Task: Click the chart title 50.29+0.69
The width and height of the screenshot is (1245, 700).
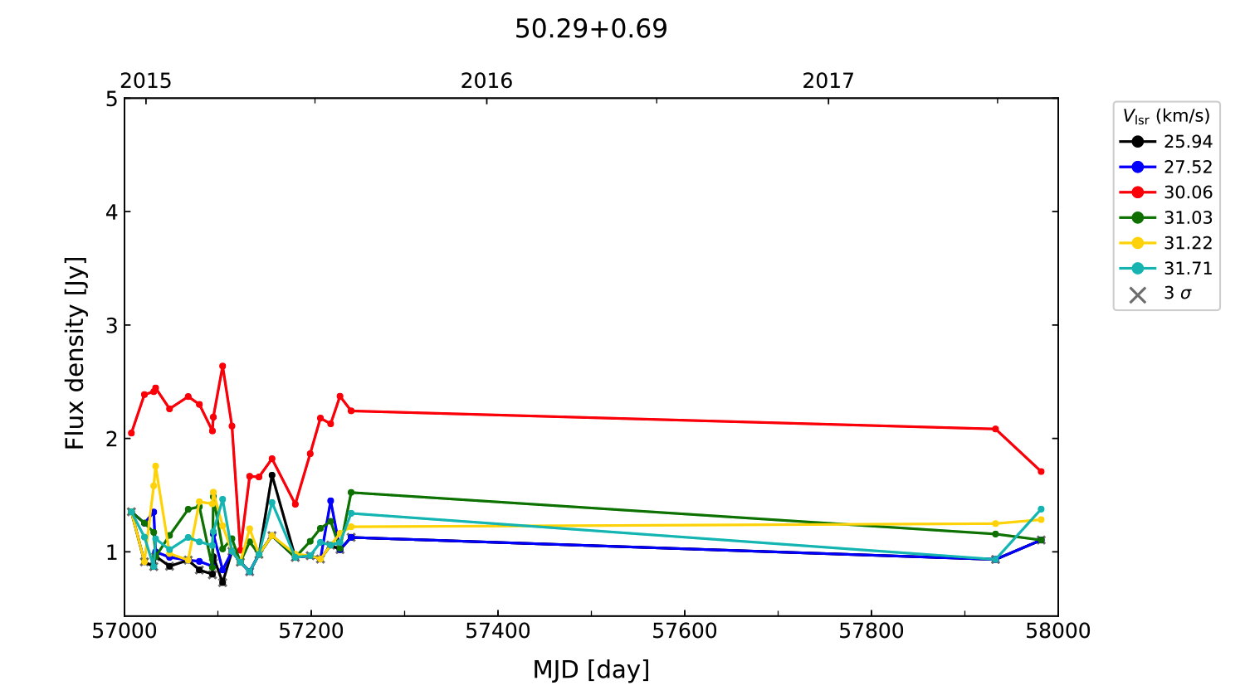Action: [x=591, y=29]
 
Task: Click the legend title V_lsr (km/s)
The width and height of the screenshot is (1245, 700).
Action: [x=1166, y=116]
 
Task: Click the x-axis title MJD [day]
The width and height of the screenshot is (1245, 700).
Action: [x=591, y=669]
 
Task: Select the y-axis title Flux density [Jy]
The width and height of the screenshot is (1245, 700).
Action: [x=76, y=353]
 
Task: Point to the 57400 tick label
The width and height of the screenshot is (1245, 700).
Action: [x=498, y=631]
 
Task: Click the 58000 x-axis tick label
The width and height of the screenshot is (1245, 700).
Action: [x=1057, y=631]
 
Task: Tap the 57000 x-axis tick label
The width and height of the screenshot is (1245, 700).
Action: [x=124, y=631]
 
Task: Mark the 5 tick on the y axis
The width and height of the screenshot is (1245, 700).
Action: [x=111, y=100]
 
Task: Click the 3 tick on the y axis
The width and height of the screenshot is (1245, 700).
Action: [x=111, y=325]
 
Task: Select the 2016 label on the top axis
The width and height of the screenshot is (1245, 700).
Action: [x=486, y=80]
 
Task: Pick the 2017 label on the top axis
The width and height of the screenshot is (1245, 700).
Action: [x=828, y=80]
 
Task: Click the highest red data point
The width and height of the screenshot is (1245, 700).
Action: [x=222, y=366]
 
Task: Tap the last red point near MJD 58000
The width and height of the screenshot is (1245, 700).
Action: [x=1041, y=471]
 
